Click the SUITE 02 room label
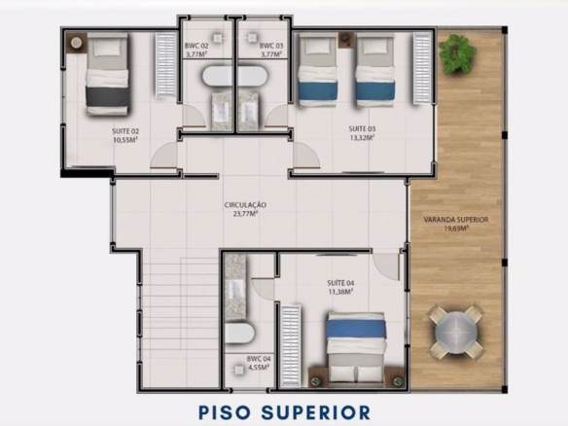(x=125, y=131)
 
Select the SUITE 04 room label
(x=340, y=283)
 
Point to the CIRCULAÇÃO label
(x=245, y=205)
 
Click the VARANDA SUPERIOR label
(x=456, y=220)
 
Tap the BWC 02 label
(x=196, y=46)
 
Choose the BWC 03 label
(x=271, y=46)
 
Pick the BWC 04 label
(x=259, y=359)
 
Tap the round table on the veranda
(x=456, y=331)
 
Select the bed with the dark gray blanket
(x=108, y=74)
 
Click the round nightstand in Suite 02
(x=76, y=43)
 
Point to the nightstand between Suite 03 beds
(x=345, y=40)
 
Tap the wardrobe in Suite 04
(x=291, y=346)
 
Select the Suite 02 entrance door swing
(x=163, y=157)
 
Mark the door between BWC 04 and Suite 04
(x=263, y=289)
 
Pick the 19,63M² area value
(x=456, y=229)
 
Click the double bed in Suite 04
(x=356, y=348)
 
